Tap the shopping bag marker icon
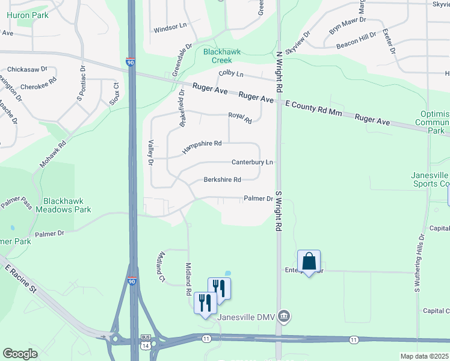309,262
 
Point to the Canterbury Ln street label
253,162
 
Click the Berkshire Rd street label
222,180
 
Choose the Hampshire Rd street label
203,145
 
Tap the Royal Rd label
239,117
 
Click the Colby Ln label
231,74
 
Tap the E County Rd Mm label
318,108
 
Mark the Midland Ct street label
161,267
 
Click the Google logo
20,354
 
